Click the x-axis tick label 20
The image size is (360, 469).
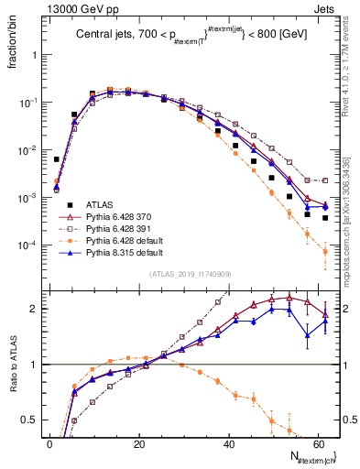pos(139,442)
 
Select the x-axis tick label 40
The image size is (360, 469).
pos(229,442)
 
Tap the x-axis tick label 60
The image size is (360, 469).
pos(319,442)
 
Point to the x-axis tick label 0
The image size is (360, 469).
pos(49,442)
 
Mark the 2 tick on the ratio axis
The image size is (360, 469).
pos(38,309)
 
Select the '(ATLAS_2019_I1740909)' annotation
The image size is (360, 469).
pos(191,275)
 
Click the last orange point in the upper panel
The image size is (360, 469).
pos(325,252)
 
